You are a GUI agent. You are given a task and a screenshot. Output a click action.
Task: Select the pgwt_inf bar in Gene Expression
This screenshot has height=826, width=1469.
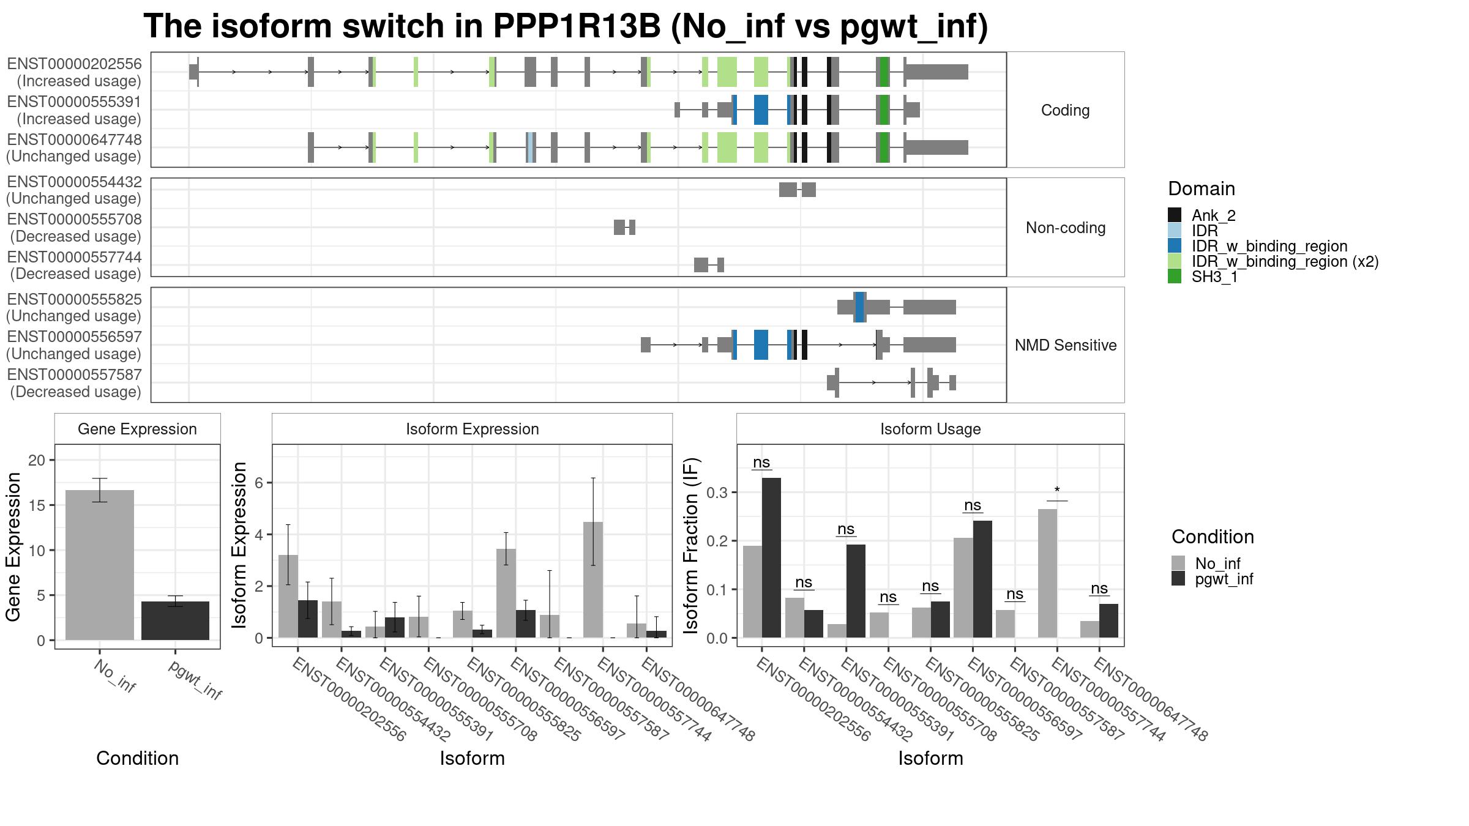click(x=175, y=620)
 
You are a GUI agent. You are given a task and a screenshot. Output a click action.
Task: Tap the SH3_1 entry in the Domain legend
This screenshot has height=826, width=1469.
click(x=1214, y=277)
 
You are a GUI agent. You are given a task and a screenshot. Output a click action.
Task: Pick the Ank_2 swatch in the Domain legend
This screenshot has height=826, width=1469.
click(x=1175, y=215)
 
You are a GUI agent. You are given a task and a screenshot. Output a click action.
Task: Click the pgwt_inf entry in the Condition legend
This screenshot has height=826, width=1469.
click(x=1224, y=579)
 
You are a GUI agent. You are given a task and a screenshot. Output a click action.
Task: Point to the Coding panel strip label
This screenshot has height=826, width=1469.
click(x=1065, y=110)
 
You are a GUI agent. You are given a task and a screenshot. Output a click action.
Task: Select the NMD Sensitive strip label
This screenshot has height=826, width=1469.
click(x=1065, y=345)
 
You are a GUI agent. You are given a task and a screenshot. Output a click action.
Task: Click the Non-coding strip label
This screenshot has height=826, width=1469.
click(x=1065, y=228)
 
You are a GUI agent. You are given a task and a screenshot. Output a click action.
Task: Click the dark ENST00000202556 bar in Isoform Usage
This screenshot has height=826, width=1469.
click(x=771, y=557)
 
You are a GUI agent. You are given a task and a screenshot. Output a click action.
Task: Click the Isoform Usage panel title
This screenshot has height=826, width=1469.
click(x=930, y=429)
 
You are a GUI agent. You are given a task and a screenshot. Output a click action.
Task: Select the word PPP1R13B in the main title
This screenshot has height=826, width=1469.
click(x=577, y=27)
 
